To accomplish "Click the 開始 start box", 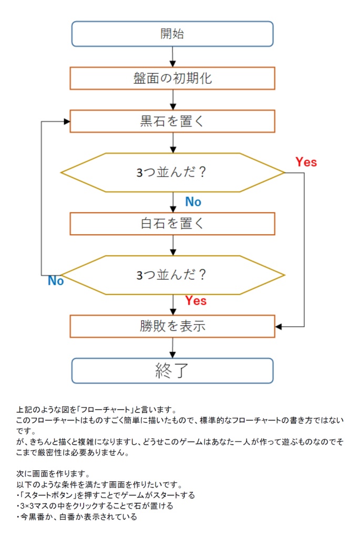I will [x=172, y=34].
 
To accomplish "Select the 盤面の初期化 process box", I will [x=172, y=78].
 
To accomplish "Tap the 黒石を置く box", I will [x=172, y=121].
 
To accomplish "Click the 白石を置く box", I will [x=172, y=223].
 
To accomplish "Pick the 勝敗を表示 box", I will [x=172, y=326].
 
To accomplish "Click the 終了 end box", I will [x=172, y=371].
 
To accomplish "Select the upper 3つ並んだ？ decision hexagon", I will [x=172, y=173].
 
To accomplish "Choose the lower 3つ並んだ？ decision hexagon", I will [x=172, y=275].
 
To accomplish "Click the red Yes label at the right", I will [x=306, y=162].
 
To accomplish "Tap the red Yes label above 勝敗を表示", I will [x=196, y=301].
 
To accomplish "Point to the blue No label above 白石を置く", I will [x=193, y=202].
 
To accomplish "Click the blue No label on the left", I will [x=56, y=281].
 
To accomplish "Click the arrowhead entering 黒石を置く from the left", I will [x=67, y=121].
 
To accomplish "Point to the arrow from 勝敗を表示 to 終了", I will [x=172, y=348].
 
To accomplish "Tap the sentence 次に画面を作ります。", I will [x=48, y=474].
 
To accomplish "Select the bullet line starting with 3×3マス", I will [x=95, y=506].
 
